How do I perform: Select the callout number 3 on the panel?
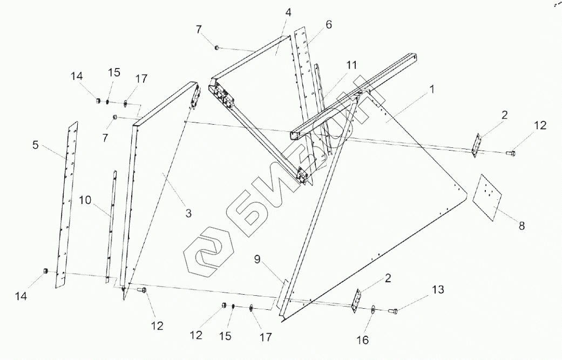coord(188,213)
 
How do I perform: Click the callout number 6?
coord(329,25)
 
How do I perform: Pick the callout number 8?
coord(521,226)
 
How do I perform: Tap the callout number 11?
coord(351,65)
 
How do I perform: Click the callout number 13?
coord(438,290)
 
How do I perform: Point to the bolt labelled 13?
coord(393,310)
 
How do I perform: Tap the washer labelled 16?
coord(373,310)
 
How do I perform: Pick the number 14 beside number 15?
coord(77,77)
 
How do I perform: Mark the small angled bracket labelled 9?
coord(282,295)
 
